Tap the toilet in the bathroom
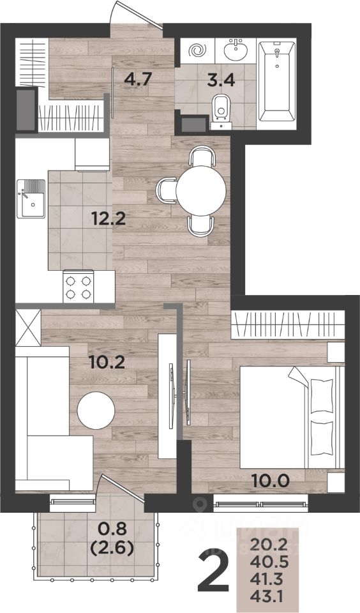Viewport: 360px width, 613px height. (221, 111)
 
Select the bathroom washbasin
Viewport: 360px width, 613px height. (236, 50)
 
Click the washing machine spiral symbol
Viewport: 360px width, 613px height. (197, 50)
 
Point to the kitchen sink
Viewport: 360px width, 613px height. (31, 199)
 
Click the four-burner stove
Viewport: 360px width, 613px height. (78, 287)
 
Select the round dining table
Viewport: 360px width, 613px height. (201, 191)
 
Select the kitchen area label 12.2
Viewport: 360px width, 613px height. (109, 218)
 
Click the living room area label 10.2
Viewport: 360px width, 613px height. (107, 363)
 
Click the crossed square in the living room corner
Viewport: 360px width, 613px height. (27, 327)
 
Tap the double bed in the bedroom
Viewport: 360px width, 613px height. (292, 417)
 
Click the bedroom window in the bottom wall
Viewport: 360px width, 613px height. (260, 503)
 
